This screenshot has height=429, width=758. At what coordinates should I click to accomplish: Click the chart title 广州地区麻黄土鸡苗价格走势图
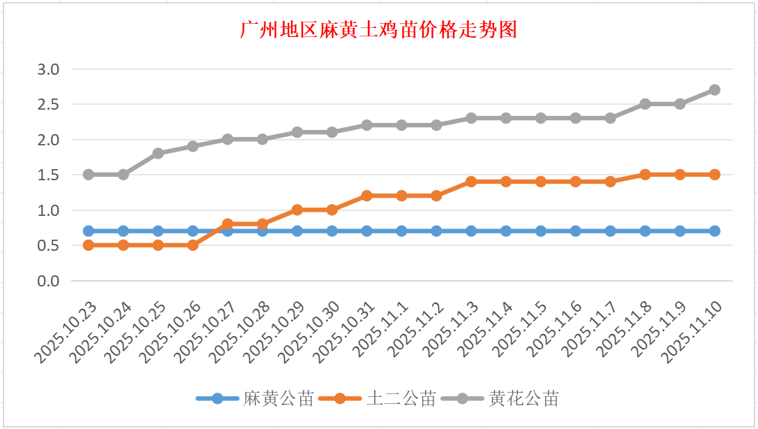[x=378, y=30]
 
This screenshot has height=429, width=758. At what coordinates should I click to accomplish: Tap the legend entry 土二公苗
[x=401, y=399]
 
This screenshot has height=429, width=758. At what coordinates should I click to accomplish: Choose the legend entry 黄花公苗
[x=523, y=399]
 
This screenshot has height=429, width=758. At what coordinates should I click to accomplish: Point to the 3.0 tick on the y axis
[x=49, y=69]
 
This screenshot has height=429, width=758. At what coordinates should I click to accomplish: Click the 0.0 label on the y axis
[x=49, y=281]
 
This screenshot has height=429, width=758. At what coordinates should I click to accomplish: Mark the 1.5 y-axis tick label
[x=49, y=175]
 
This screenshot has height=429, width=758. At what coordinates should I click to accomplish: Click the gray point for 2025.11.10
[x=715, y=90]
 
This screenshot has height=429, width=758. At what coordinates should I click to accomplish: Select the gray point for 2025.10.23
[x=89, y=175]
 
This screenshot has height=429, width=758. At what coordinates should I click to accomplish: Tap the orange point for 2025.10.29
[x=297, y=210]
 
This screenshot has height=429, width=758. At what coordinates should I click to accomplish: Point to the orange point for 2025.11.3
[x=471, y=182]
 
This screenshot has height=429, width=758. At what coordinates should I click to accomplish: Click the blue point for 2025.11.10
[x=715, y=231]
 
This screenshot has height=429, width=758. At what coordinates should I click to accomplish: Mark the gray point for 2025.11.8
[x=645, y=104]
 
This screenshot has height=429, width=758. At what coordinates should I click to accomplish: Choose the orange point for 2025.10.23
[x=89, y=245]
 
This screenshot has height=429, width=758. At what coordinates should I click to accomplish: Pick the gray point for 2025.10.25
[x=158, y=153]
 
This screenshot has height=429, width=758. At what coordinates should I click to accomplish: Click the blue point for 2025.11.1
[x=401, y=231]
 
